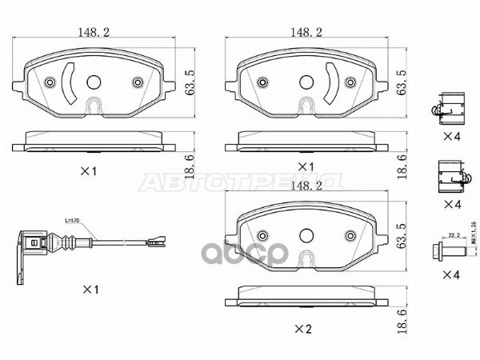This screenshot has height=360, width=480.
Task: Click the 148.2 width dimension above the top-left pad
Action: click(x=95, y=32)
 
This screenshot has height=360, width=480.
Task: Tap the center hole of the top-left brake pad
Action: click(x=95, y=82)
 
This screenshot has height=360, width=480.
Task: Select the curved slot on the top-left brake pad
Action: click(x=70, y=83)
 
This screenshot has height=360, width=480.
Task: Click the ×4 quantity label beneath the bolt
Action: click(x=453, y=275)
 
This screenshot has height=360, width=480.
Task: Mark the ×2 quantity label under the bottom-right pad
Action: click(x=302, y=329)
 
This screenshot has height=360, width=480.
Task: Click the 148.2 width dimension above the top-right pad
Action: click(x=306, y=32)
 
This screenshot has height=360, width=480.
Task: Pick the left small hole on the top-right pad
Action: click(x=262, y=82)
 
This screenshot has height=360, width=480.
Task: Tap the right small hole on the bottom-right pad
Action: click(x=348, y=236)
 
